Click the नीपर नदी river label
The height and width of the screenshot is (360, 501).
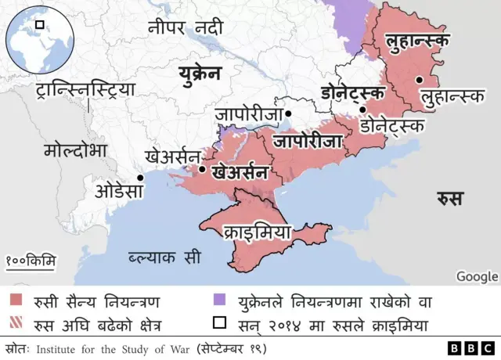point(186,28)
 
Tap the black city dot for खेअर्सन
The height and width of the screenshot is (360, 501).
point(203,169)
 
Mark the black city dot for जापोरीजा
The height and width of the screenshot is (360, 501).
point(288,114)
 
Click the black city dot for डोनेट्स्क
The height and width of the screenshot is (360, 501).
point(362,110)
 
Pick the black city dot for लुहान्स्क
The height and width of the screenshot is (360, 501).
point(420,79)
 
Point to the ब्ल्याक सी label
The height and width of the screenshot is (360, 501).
point(164,257)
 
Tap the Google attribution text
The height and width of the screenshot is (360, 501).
point(477,276)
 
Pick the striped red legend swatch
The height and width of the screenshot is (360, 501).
point(16,322)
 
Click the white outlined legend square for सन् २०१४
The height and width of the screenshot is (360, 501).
point(218,322)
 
